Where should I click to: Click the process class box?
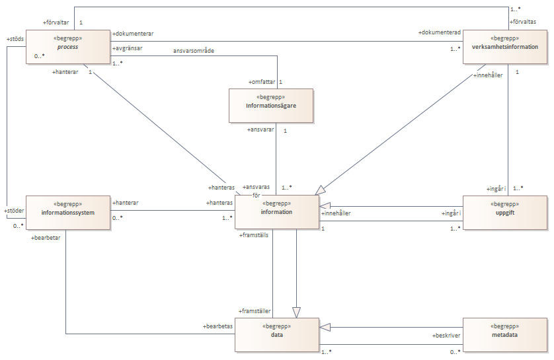(x=68, y=47)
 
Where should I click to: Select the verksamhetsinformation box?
(x=505, y=47)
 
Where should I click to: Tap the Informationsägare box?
(x=271, y=106)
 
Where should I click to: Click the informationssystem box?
(x=68, y=213)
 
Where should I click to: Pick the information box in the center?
(x=276, y=212)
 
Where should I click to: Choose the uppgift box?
(x=505, y=213)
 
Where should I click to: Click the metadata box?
(x=505, y=335)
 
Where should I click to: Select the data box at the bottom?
(x=276, y=335)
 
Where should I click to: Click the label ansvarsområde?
(x=194, y=51)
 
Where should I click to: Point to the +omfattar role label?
(x=262, y=82)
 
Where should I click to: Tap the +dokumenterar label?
(x=133, y=34)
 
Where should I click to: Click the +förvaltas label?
(x=522, y=22)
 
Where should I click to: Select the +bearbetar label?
(x=46, y=238)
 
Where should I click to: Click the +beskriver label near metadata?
(x=446, y=336)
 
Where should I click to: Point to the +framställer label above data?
(x=255, y=311)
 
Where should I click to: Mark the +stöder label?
(x=14, y=211)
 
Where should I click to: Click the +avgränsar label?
(x=127, y=48)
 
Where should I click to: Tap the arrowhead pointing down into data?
(x=296, y=312)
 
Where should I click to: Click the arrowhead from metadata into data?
(x=325, y=327)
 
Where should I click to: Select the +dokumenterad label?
(x=440, y=32)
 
